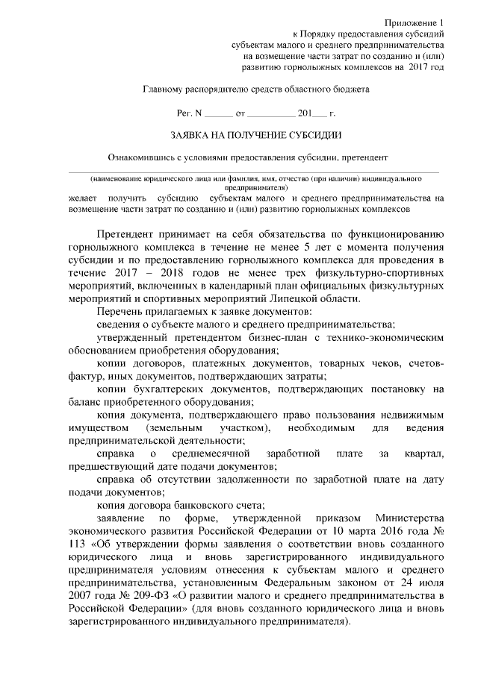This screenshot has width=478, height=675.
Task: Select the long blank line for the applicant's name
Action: pos(254,172)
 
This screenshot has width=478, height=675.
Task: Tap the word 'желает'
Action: pos(81,199)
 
